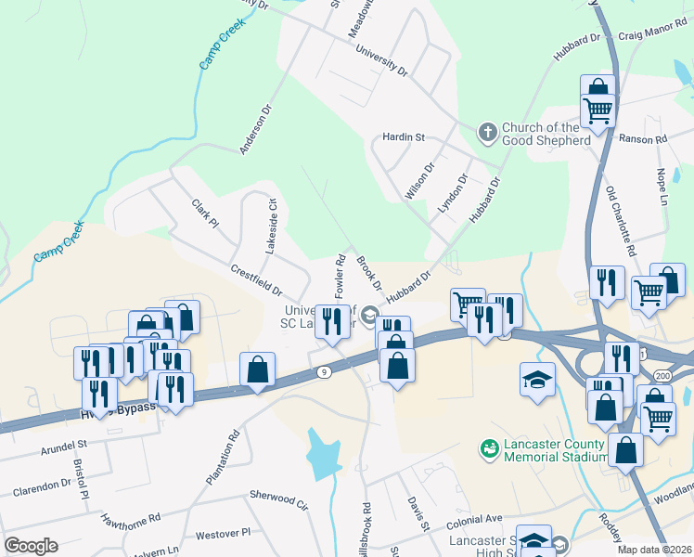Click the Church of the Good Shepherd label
click(x=546, y=134)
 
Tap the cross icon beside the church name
click(x=488, y=133)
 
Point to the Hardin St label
click(x=404, y=137)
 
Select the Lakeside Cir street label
click(x=272, y=227)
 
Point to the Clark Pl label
click(x=204, y=214)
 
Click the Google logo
click(x=31, y=545)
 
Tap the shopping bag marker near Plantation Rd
click(x=258, y=369)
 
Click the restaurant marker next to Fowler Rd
click(x=332, y=320)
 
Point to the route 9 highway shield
click(x=323, y=372)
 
